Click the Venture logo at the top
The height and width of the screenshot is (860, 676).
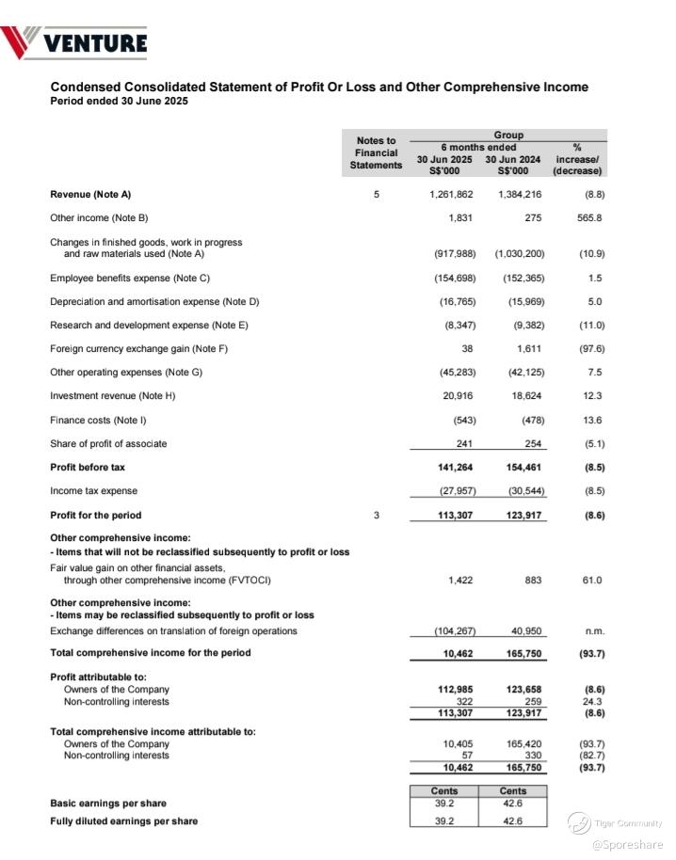pos(74,42)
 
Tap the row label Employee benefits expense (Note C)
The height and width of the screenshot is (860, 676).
pos(130,279)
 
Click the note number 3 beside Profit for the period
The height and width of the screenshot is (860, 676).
pos(377,516)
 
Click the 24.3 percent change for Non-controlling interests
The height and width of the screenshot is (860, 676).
pos(593,702)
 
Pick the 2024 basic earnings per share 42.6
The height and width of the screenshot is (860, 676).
pos(513,804)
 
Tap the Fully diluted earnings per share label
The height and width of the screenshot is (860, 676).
pos(123,821)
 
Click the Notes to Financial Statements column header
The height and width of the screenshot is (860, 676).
pos(377,153)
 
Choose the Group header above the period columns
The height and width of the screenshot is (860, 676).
pos(507,135)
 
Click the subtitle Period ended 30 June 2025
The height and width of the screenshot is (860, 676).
pos(119,102)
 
